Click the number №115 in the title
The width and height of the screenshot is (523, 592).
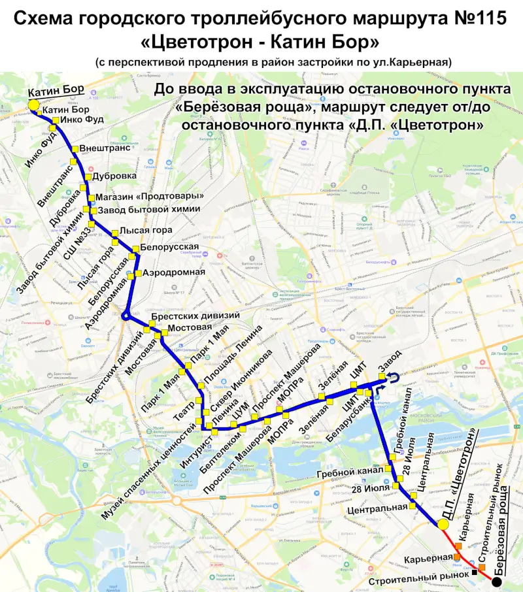point(480,19)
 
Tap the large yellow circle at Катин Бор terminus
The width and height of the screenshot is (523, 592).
point(33,104)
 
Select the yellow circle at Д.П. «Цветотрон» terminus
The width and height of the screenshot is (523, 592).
point(443,524)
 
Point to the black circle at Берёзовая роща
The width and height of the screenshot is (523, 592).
point(497,582)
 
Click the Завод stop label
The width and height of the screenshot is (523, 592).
point(394,361)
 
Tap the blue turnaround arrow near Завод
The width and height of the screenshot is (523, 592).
point(394,375)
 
